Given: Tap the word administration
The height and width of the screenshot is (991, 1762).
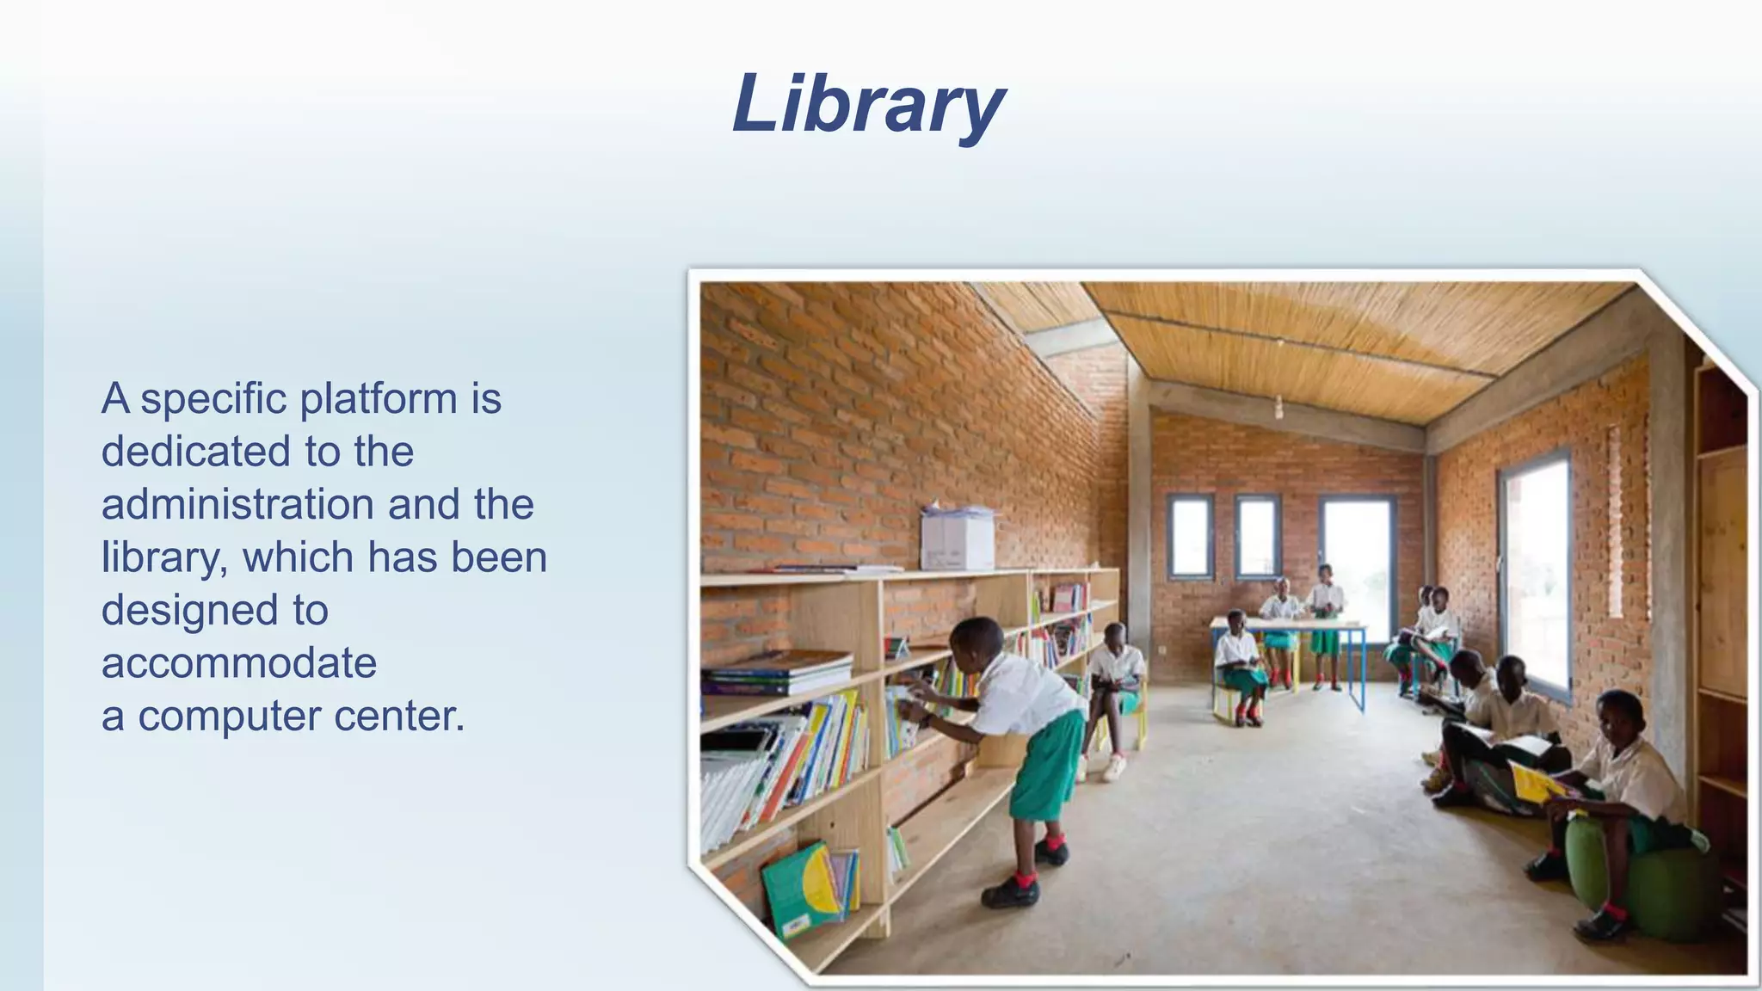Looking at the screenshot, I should tap(237, 505).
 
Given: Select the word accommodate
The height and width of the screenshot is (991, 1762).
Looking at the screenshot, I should tap(239, 663).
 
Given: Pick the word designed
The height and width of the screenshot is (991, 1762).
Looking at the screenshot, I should tap(186, 611).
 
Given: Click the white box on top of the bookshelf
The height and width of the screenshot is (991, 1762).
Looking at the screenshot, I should tap(958, 539).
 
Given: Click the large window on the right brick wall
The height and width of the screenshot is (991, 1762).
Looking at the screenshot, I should tap(1537, 568).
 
